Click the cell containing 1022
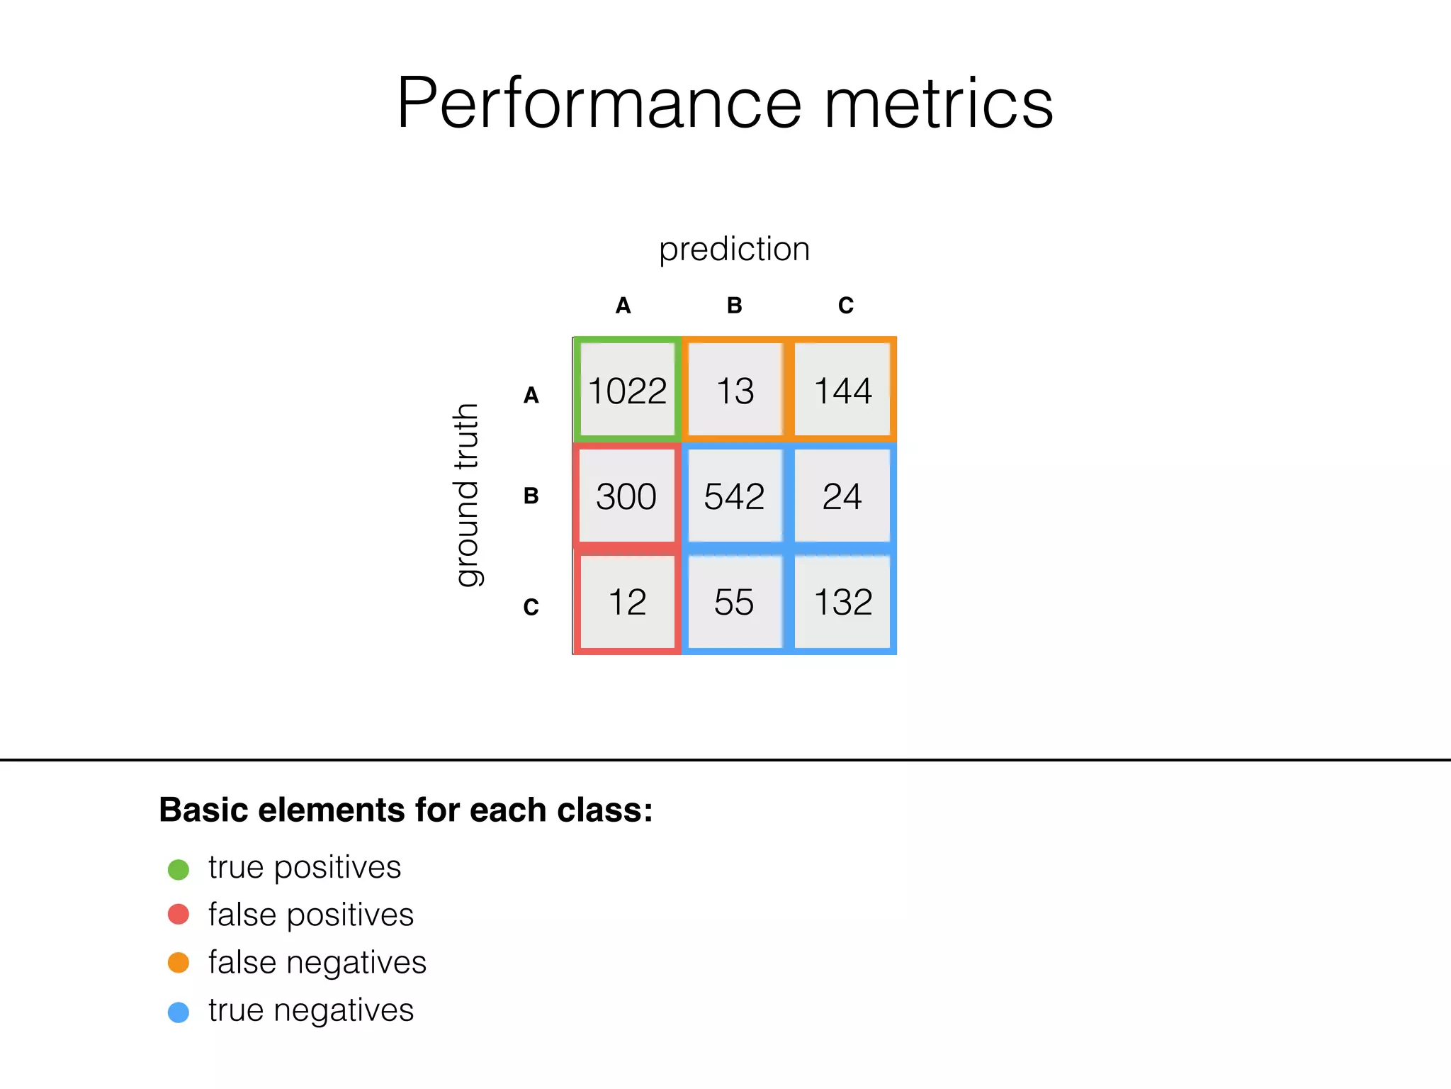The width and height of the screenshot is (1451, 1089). (627, 390)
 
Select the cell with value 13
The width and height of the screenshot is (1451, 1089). (735, 390)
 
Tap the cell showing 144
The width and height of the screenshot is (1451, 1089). (842, 390)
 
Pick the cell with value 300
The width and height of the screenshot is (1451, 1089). (626, 496)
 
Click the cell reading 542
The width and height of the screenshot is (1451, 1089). (735, 496)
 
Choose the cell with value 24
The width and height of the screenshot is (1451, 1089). (842, 496)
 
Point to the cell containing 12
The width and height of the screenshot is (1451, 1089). (627, 602)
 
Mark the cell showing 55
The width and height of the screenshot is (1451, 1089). (735, 602)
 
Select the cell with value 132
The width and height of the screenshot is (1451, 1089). (842, 602)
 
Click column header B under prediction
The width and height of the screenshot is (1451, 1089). (735, 306)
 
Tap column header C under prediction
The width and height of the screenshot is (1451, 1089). (846, 306)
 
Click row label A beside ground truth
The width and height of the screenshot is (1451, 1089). (531, 395)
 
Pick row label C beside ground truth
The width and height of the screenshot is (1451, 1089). (531, 607)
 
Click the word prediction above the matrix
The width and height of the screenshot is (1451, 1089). (734, 250)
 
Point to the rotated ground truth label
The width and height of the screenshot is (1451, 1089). (466, 495)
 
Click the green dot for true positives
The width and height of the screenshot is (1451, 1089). (179, 869)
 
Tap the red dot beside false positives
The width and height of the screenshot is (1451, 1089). (179, 915)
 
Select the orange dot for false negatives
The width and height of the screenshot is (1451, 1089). (179, 963)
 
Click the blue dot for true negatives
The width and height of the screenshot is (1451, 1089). (179, 1012)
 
